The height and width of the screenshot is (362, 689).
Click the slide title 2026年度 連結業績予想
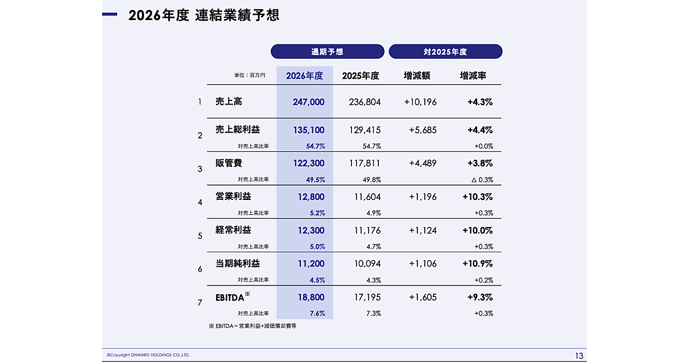204,15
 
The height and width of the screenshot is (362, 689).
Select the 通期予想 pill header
327,52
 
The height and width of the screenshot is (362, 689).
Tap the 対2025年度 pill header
445,52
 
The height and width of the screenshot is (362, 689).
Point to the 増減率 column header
473,76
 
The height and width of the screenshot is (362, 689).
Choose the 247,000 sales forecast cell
308,102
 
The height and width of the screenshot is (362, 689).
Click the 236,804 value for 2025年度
365,102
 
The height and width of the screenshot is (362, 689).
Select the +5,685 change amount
423,130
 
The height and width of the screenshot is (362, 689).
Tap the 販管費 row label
229,163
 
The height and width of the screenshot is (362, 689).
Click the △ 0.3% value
482,180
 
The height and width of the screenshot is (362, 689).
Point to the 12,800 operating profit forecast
311,197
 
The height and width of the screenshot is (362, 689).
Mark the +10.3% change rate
477,197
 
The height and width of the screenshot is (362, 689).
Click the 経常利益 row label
233,230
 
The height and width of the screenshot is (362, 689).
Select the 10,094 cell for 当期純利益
367,264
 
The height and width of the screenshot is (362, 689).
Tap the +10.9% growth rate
477,264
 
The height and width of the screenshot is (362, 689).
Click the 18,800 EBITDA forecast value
311,298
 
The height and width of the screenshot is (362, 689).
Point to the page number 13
579,355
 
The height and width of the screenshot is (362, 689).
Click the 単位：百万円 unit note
249,76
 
